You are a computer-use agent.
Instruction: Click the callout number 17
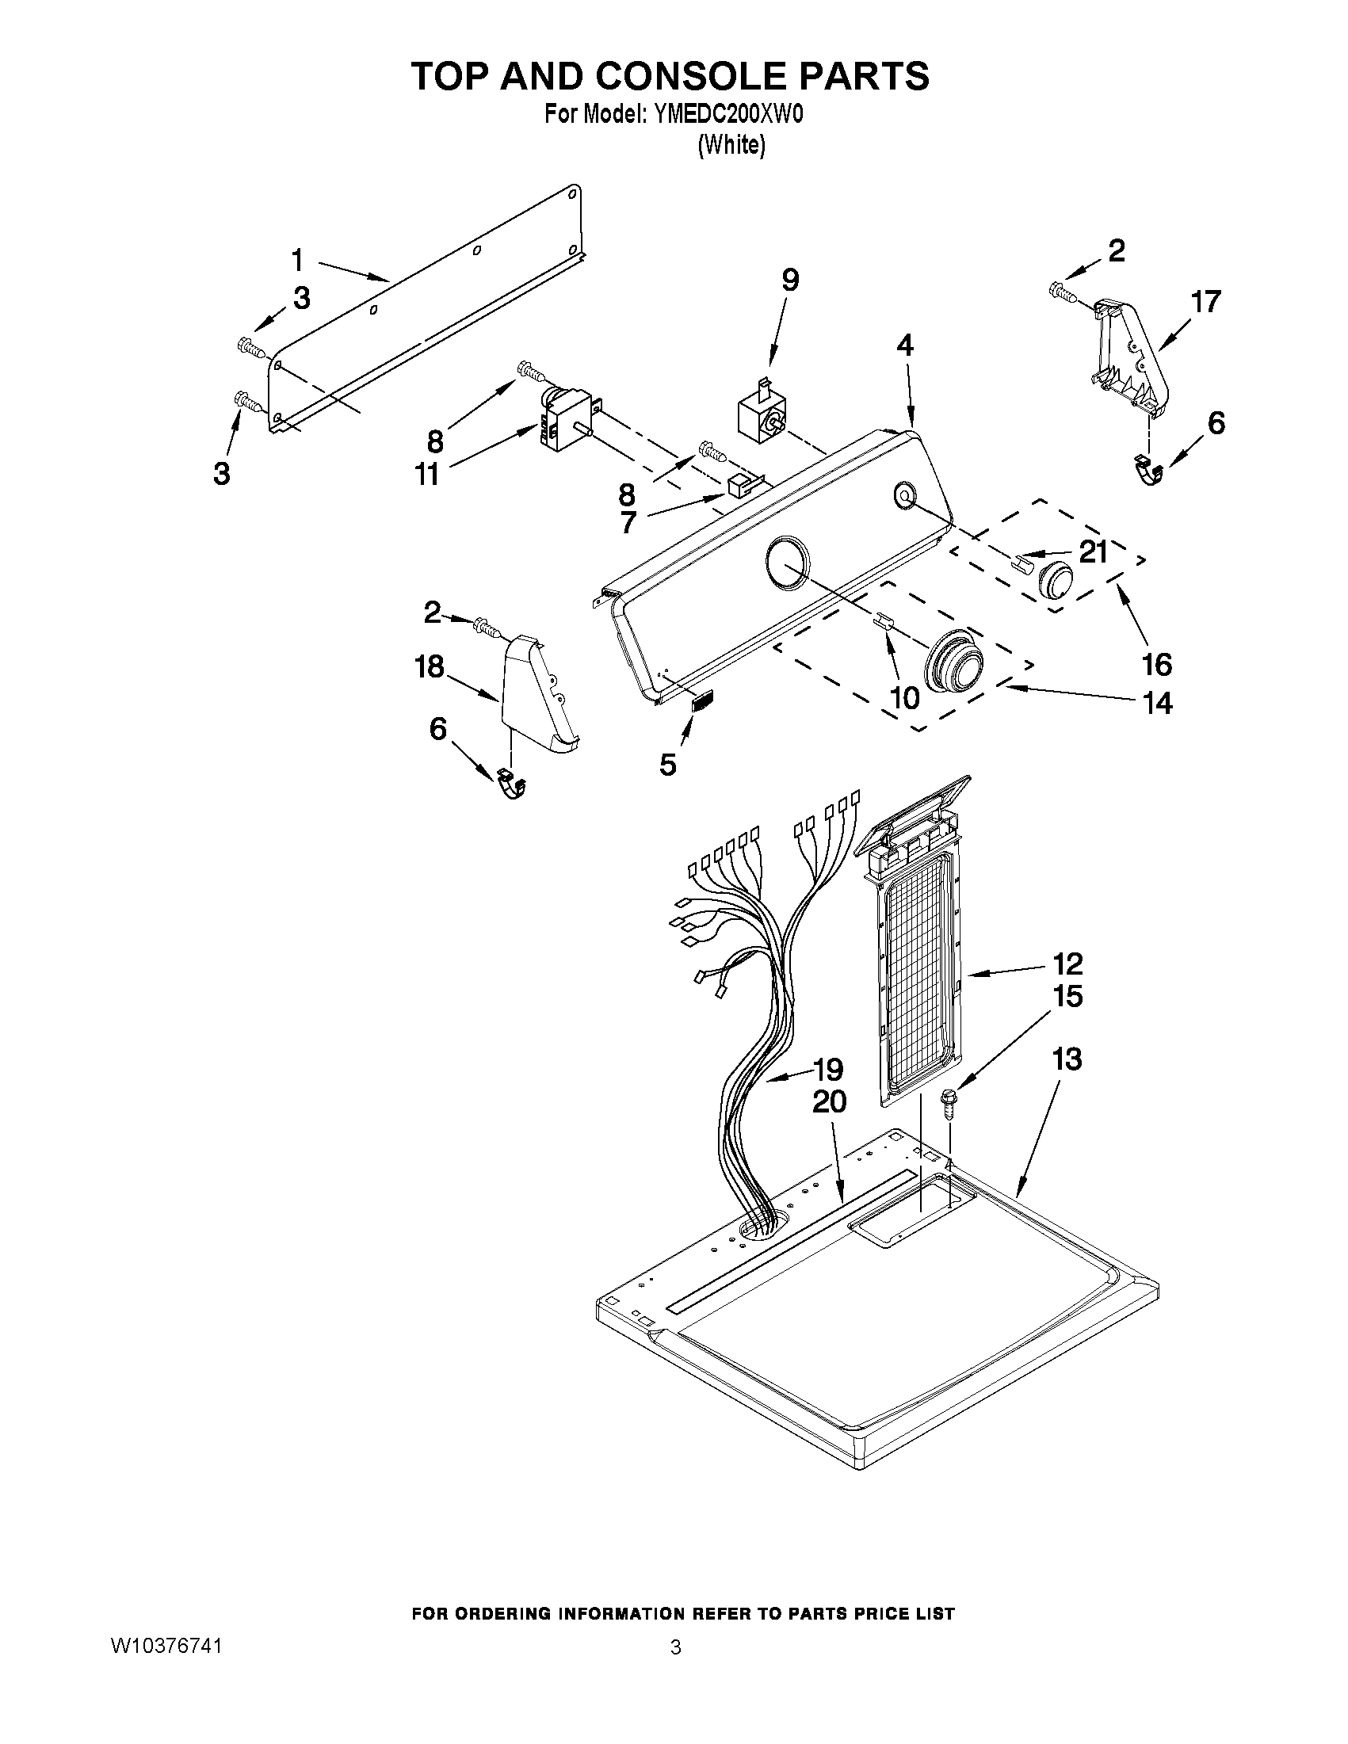(1206, 302)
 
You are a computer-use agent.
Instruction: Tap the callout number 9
(789, 280)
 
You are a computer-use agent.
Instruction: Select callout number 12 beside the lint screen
(1067, 964)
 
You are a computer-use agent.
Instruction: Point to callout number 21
(1094, 551)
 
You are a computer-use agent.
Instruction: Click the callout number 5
(667, 764)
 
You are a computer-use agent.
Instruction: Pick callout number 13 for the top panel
(1067, 1059)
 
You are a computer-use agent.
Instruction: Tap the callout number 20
(829, 1102)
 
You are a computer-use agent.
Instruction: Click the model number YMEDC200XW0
(727, 114)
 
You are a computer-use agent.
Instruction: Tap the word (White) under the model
(731, 145)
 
